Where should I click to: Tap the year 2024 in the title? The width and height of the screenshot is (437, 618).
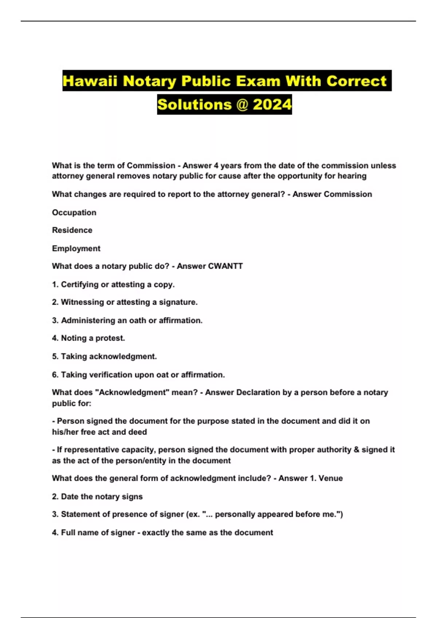point(272,105)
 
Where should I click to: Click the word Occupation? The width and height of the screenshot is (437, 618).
point(74,212)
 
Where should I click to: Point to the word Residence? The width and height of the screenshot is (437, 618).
point(72,230)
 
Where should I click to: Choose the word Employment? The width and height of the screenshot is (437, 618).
point(76,248)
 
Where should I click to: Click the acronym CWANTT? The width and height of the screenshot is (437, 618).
point(225,266)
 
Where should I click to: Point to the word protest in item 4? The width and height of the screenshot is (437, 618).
point(110,338)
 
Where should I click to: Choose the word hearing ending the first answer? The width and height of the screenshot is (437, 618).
point(352,176)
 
